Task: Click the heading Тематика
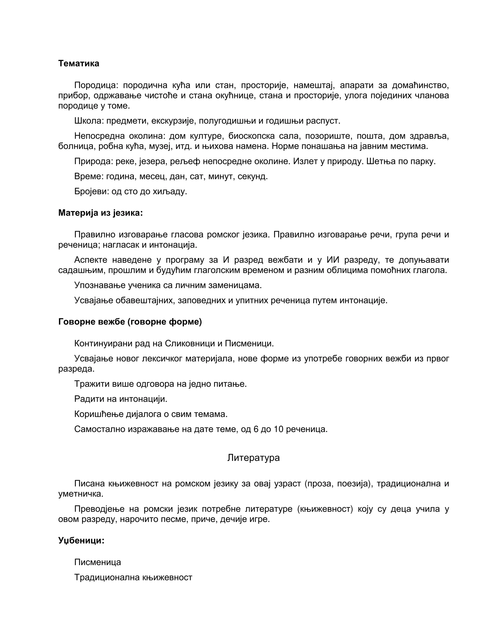[x=79, y=63]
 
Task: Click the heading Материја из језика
[x=100, y=213]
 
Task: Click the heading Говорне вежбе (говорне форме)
[x=130, y=322]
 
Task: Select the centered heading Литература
[x=253, y=458]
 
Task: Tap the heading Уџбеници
[x=81, y=540]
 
